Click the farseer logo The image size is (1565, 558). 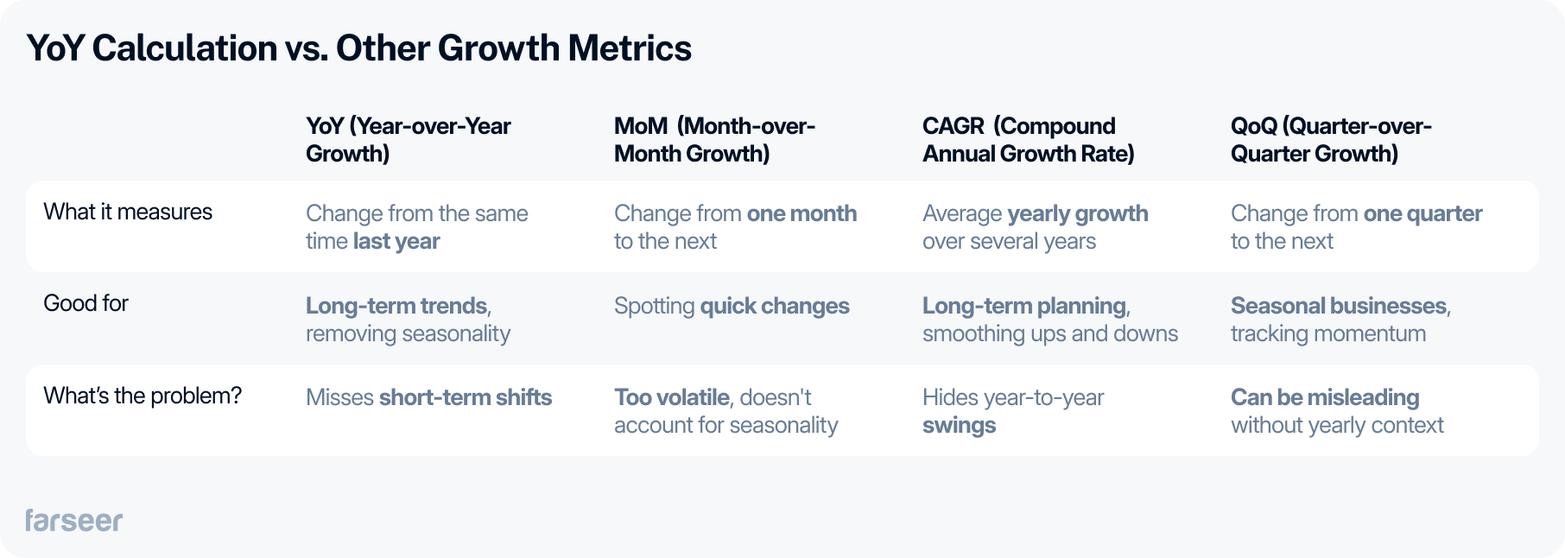pyautogui.click(x=73, y=520)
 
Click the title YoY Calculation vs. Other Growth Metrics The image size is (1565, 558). pyautogui.click(x=358, y=48)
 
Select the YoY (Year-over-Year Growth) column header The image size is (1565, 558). pyautogui.click(x=408, y=140)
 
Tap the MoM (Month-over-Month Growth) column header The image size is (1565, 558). pyautogui.click(x=714, y=140)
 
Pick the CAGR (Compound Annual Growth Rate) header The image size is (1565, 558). pyautogui.click(x=1028, y=140)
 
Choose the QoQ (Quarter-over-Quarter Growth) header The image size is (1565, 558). pyautogui.click(x=1330, y=140)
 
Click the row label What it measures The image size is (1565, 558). pyautogui.click(x=128, y=212)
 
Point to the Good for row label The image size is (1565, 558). pyautogui.click(x=86, y=303)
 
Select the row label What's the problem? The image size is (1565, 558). pyautogui.click(x=143, y=396)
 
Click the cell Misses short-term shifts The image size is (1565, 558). pyautogui.click(x=428, y=397)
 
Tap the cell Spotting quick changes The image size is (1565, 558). pyautogui.click(x=732, y=306)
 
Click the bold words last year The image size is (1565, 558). pyautogui.click(x=396, y=241)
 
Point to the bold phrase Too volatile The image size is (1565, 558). pyautogui.click(x=672, y=397)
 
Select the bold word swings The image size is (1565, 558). pyautogui.click(x=959, y=425)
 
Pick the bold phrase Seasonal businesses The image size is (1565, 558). pyautogui.click(x=1338, y=306)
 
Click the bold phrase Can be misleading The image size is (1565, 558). pyautogui.click(x=1324, y=397)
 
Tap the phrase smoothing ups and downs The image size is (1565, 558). pyautogui.click(x=1049, y=333)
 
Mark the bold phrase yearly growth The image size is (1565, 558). pyautogui.click(x=1077, y=213)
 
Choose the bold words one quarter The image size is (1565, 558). pyautogui.click(x=1422, y=213)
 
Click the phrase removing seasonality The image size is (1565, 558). pyautogui.click(x=408, y=333)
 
